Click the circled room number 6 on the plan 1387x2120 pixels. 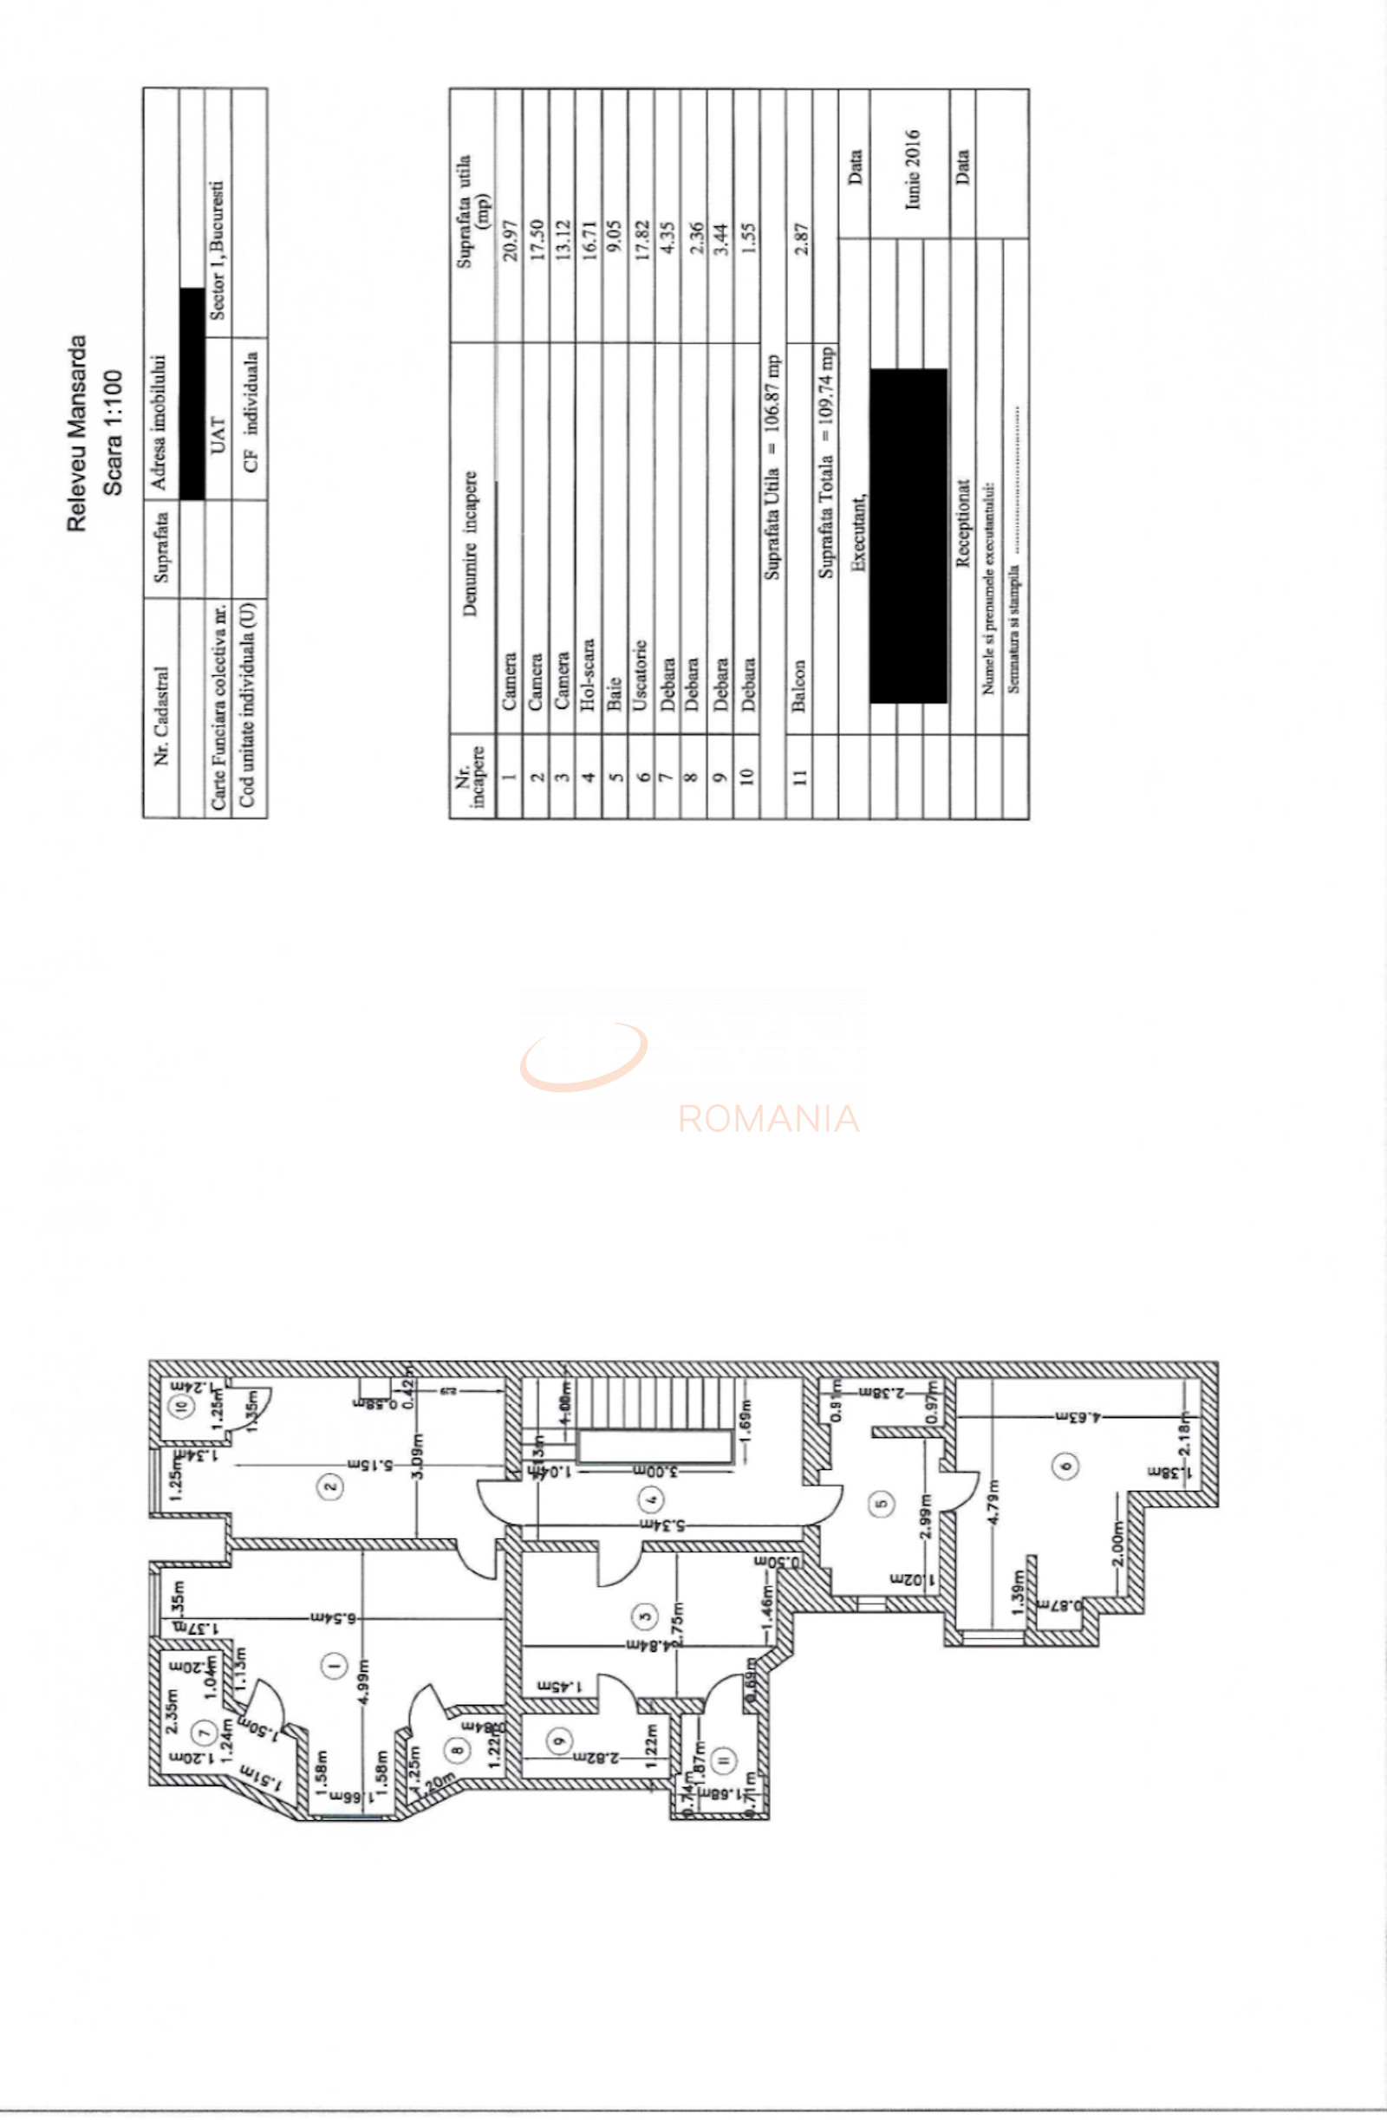pos(1066,1466)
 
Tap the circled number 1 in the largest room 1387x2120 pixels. pos(334,1665)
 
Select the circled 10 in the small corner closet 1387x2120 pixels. pos(182,1407)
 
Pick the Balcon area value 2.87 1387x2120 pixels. pos(801,238)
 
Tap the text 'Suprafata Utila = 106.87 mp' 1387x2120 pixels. pos(772,467)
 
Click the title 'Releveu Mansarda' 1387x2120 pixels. pos(77,432)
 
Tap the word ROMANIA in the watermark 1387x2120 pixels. pos(768,1118)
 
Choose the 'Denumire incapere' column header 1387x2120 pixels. pos(472,543)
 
